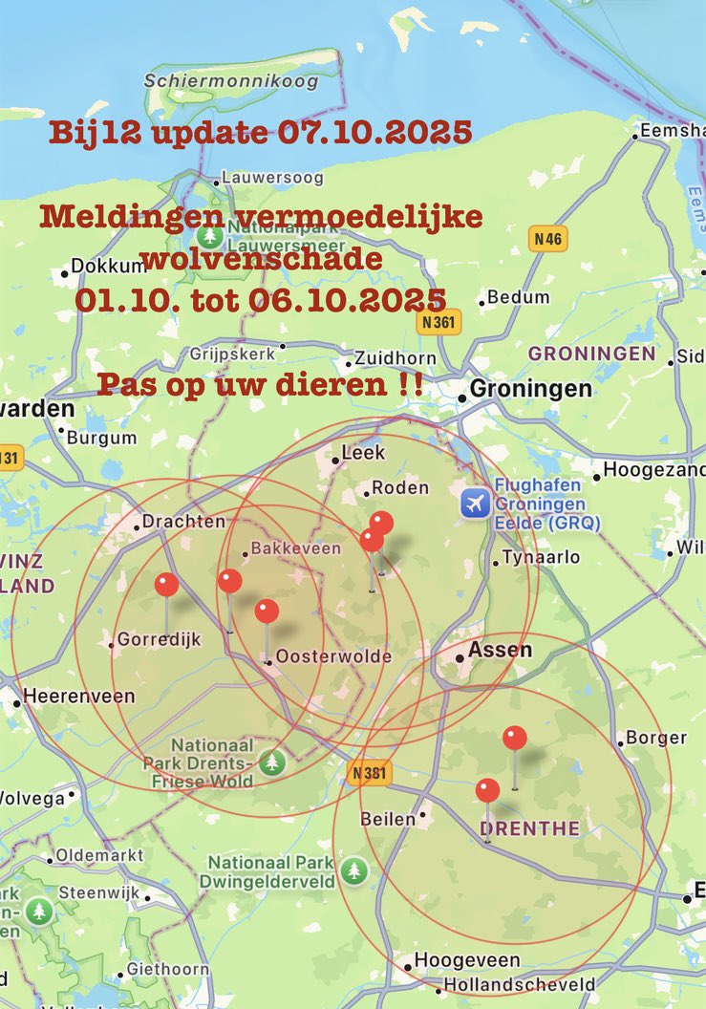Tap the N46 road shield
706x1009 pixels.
click(547, 239)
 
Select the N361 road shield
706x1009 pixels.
click(440, 322)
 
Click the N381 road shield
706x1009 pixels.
click(369, 772)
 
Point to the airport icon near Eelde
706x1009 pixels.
click(475, 503)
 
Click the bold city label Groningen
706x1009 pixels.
click(531, 390)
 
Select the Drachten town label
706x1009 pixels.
click(183, 522)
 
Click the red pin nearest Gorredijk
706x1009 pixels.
click(166, 584)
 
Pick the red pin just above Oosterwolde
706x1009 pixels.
click(267, 611)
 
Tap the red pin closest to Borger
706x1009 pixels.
click(515, 738)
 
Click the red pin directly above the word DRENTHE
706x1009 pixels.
click(487, 790)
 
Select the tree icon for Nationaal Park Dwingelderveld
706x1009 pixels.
click(354, 869)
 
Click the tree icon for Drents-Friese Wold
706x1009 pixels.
click(273, 762)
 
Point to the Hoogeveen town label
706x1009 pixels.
click(467, 960)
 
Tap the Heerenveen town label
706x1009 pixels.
click(78, 697)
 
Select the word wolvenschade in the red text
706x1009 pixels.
click(261, 258)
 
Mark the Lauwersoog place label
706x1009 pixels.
click(271, 178)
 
